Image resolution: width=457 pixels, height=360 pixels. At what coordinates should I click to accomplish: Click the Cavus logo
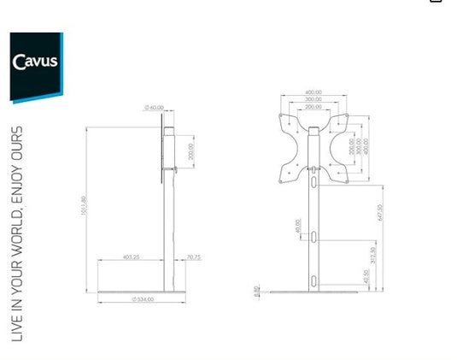(35, 62)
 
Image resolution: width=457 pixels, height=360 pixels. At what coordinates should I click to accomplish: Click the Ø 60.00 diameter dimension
(154, 107)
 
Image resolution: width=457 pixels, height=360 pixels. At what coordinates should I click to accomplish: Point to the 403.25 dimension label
(131, 257)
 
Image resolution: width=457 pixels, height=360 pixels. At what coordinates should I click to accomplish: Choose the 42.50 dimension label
(366, 278)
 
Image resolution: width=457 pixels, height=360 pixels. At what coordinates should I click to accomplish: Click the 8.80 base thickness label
(255, 292)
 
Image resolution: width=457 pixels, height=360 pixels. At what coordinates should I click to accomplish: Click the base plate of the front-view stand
(315, 292)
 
